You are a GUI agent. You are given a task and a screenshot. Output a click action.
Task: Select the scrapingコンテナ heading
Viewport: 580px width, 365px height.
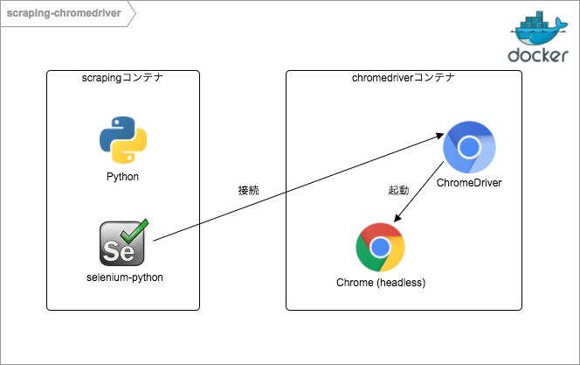pyautogui.click(x=122, y=79)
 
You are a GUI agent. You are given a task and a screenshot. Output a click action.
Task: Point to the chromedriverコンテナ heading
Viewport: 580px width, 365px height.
pyautogui.click(x=404, y=79)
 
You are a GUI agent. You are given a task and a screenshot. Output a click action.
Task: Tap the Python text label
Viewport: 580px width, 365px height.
pyautogui.click(x=122, y=177)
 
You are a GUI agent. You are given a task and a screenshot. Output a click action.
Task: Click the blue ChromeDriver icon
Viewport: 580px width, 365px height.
pyautogui.click(x=468, y=147)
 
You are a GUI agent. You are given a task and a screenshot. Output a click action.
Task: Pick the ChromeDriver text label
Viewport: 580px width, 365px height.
pyautogui.click(x=468, y=183)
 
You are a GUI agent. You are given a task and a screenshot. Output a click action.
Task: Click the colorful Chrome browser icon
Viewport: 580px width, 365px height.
pyautogui.click(x=380, y=248)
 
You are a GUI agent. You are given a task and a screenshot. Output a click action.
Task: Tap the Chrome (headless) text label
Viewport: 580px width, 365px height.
pyautogui.click(x=381, y=282)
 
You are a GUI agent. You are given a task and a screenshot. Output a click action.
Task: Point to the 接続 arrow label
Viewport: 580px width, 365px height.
pyautogui.click(x=249, y=190)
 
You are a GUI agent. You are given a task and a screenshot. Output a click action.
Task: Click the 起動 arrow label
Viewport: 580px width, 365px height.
pyautogui.click(x=398, y=190)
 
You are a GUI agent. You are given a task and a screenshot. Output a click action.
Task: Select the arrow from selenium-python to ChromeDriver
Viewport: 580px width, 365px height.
pyautogui.click(x=297, y=188)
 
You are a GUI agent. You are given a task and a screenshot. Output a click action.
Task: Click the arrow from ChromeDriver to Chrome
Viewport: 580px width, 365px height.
pyautogui.click(x=418, y=197)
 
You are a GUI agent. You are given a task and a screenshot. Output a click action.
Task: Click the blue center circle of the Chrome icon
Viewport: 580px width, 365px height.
pyautogui.click(x=380, y=248)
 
